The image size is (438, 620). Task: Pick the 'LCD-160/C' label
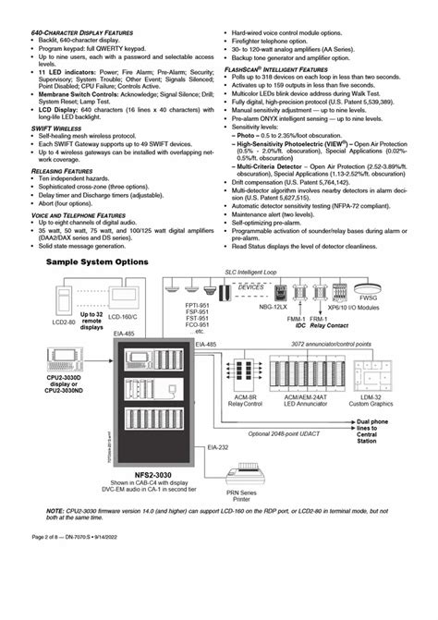tap(123, 317)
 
